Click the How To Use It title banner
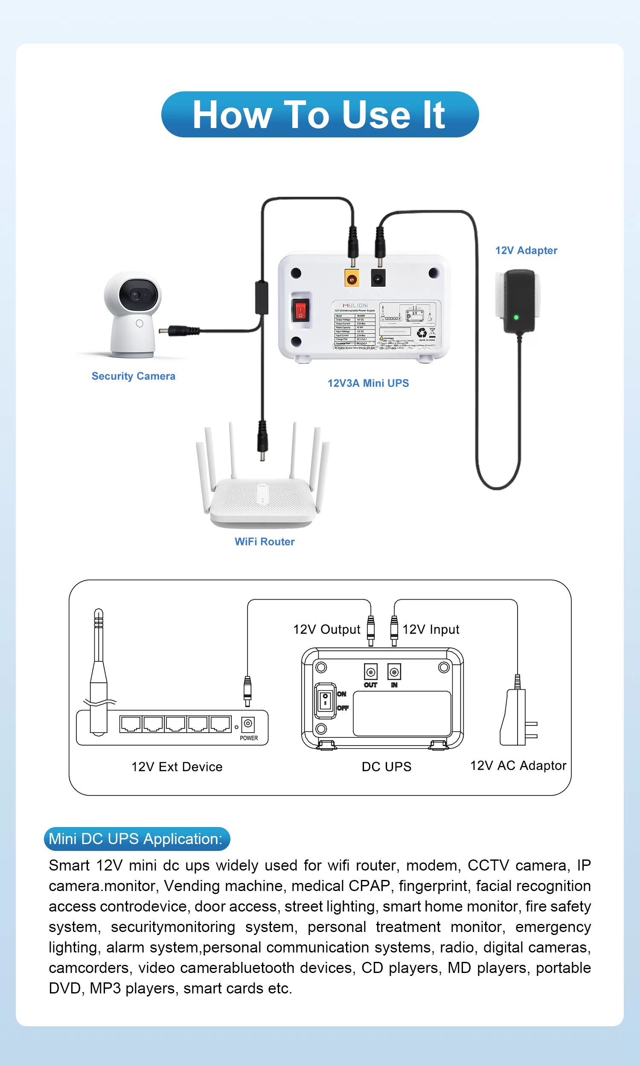click(320, 114)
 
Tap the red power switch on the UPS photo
click(300, 310)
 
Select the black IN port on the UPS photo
click(378, 279)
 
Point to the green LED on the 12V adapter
click(516, 317)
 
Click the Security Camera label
click(133, 376)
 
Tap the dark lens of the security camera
click(136, 295)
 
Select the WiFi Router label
click(265, 542)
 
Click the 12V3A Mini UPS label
click(368, 383)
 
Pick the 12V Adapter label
click(526, 250)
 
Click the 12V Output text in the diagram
click(326, 629)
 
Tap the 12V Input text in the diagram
click(431, 629)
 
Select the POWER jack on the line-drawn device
click(248, 724)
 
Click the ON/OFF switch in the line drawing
click(325, 700)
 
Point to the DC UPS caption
click(387, 767)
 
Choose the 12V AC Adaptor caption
click(518, 766)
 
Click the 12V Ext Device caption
click(177, 767)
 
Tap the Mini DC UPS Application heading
click(137, 839)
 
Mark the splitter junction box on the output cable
click(262, 297)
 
